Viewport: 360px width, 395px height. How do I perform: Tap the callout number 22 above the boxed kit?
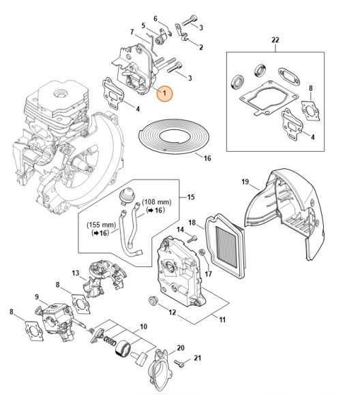pyautogui.click(x=275, y=40)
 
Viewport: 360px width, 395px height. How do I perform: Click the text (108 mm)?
pyautogui.click(x=157, y=202)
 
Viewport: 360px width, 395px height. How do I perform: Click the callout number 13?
pyautogui.click(x=76, y=273)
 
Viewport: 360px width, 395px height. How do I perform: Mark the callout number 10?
pyautogui.click(x=143, y=328)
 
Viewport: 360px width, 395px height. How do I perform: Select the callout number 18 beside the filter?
pyautogui.click(x=192, y=222)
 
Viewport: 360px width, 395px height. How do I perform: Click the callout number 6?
pyautogui.click(x=155, y=18)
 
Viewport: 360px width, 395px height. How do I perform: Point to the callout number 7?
pyautogui.click(x=132, y=31)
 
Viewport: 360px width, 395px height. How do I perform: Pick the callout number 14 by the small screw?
pyautogui.click(x=181, y=230)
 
